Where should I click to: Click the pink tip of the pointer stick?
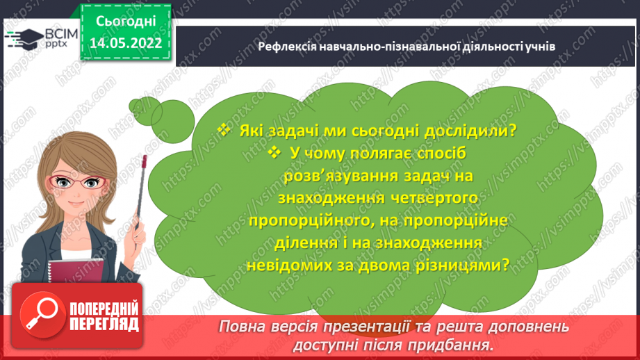144,161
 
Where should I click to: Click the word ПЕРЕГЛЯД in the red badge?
104,324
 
